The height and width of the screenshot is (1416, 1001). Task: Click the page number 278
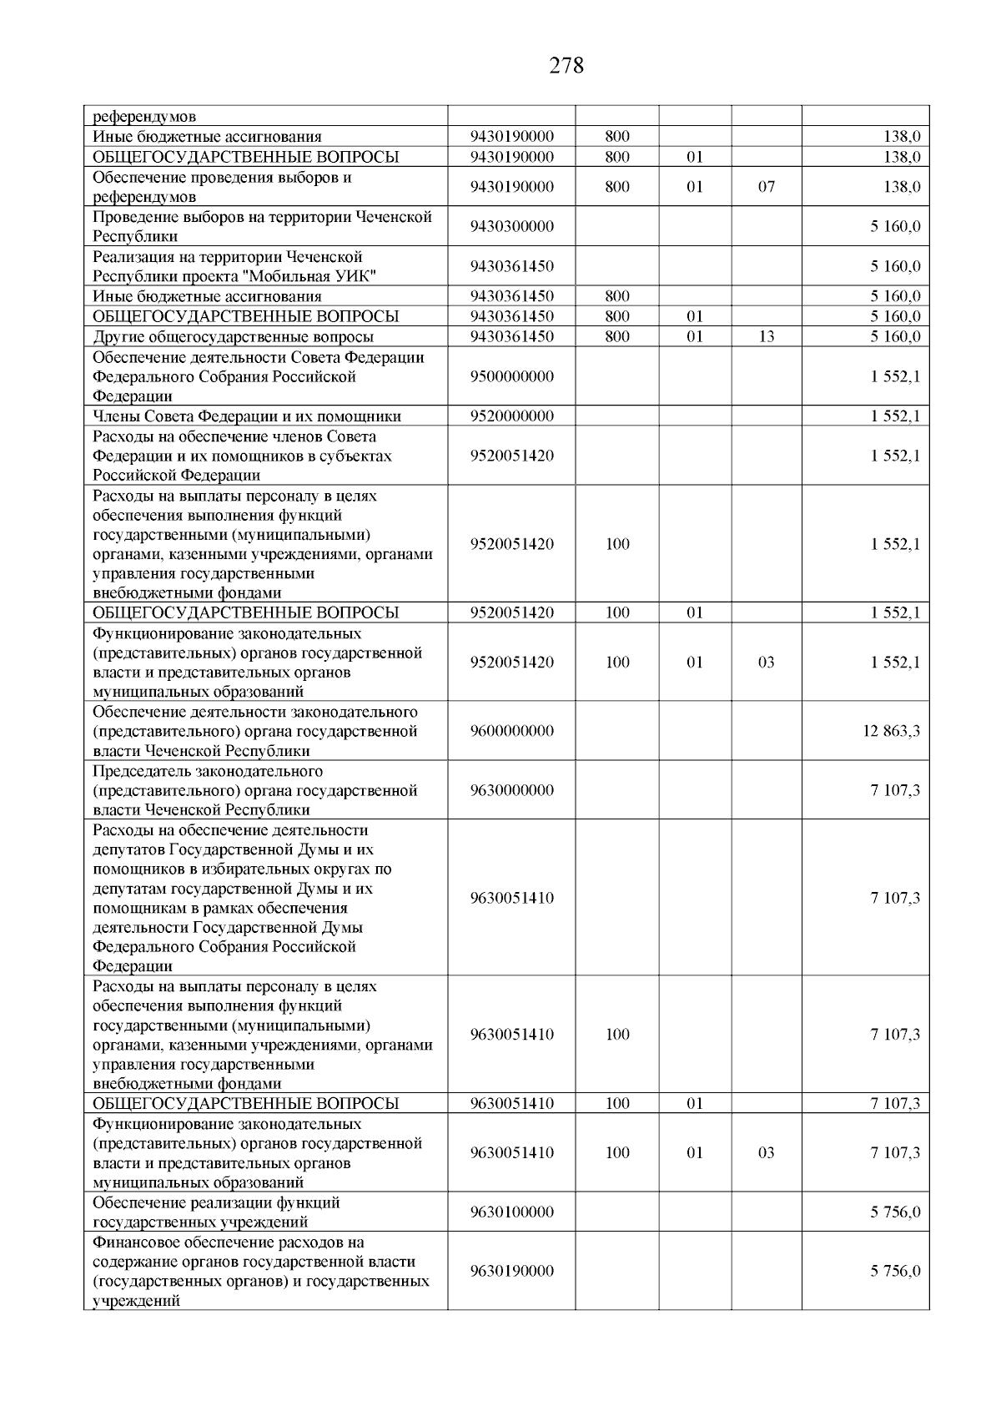tap(566, 66)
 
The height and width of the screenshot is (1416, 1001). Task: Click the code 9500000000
tap(511, 376)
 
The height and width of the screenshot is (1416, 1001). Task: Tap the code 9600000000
tap(511, 731)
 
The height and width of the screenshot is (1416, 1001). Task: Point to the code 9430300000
tap(511, 226)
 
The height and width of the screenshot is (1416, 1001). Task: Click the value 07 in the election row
tap(766, 187)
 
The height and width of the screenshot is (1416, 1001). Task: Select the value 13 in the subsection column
tap(766, 336)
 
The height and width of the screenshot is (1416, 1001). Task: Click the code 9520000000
tap(511, 416)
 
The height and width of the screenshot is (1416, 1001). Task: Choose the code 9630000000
tap(511, 790)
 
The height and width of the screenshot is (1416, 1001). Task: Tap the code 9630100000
tap(511, 1212)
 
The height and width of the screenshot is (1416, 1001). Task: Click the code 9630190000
tap(511, 1271)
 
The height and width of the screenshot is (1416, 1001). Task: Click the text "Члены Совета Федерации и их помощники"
tap(246, 416)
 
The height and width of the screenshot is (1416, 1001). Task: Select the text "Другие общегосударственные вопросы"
tap(233, 337)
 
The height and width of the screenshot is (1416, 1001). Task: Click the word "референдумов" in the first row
tap(144, 117)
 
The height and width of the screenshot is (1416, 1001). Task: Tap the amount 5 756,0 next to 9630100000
tap(895, 1212)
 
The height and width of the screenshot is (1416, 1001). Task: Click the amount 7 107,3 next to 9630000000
tap(895, 790)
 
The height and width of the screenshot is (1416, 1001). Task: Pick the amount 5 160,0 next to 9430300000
tap(895, 226)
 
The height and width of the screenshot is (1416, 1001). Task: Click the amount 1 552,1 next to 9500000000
tap(895, 376)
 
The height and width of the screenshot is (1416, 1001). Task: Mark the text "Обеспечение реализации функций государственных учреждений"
tap(216, 1212)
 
